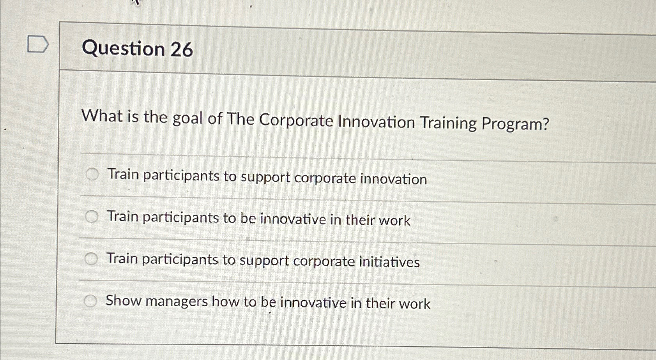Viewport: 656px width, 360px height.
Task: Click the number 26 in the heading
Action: coord(181,50)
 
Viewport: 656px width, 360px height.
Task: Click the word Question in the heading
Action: coord(123,49)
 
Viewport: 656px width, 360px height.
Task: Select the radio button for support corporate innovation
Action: coord(92,174)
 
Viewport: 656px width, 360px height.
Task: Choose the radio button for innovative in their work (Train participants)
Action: coord(92,216)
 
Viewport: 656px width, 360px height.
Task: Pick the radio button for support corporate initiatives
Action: coord(91,258)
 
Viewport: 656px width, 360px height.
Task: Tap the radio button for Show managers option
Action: coord(90,301)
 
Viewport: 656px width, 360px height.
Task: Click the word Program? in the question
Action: coord(515,124)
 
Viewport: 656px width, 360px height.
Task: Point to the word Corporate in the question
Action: coord(296,120)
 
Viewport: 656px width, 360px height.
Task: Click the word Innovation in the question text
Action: coord(376,122)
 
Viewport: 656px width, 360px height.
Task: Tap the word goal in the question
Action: coord(187,118)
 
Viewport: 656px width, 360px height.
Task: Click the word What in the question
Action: coord(102,116)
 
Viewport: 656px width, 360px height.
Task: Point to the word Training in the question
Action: coord(448,123)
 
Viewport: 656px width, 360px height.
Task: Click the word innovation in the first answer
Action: coord(393,179)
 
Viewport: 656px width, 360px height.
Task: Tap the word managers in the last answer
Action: coord(177,302)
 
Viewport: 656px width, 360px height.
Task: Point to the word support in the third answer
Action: coord(264,260)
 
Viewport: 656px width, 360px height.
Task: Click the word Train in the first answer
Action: coord(123,174)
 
